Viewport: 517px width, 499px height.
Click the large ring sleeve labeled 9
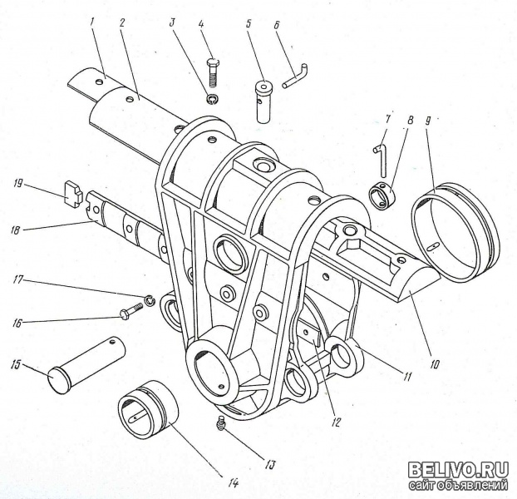tap(455, 234)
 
